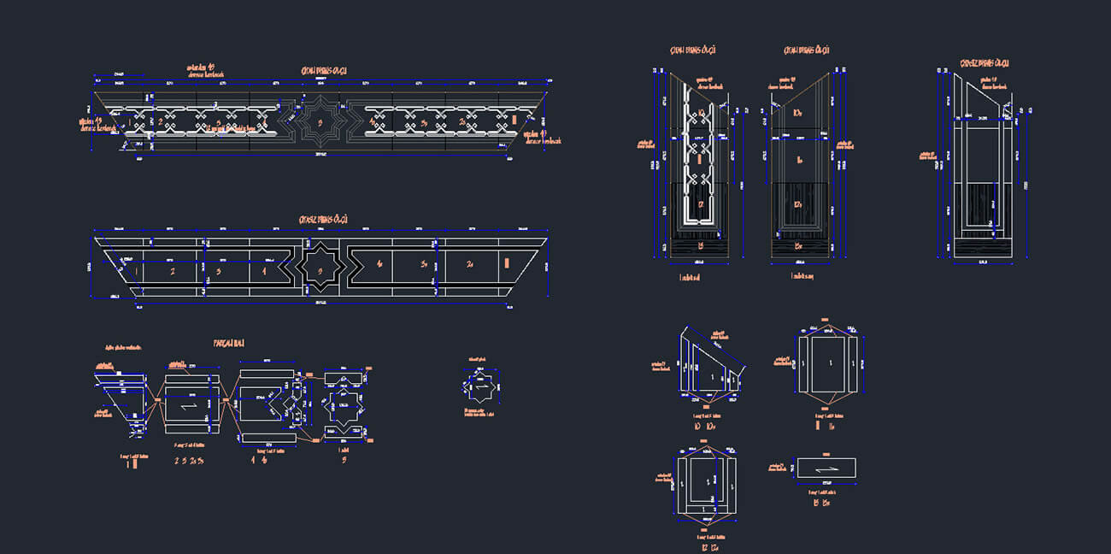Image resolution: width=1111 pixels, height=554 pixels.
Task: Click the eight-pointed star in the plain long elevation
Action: [320, 271]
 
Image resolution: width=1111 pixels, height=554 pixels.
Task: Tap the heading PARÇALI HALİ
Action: [229, 343]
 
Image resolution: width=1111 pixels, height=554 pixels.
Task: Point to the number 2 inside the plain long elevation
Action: [172, 272]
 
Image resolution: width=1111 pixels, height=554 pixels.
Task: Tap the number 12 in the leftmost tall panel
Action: [700, 203]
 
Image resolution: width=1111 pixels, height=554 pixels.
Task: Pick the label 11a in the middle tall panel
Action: [799, 159]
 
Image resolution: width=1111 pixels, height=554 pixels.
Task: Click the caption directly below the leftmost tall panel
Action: [688, 277]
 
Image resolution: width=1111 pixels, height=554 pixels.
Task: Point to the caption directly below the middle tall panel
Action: [801, 277]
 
